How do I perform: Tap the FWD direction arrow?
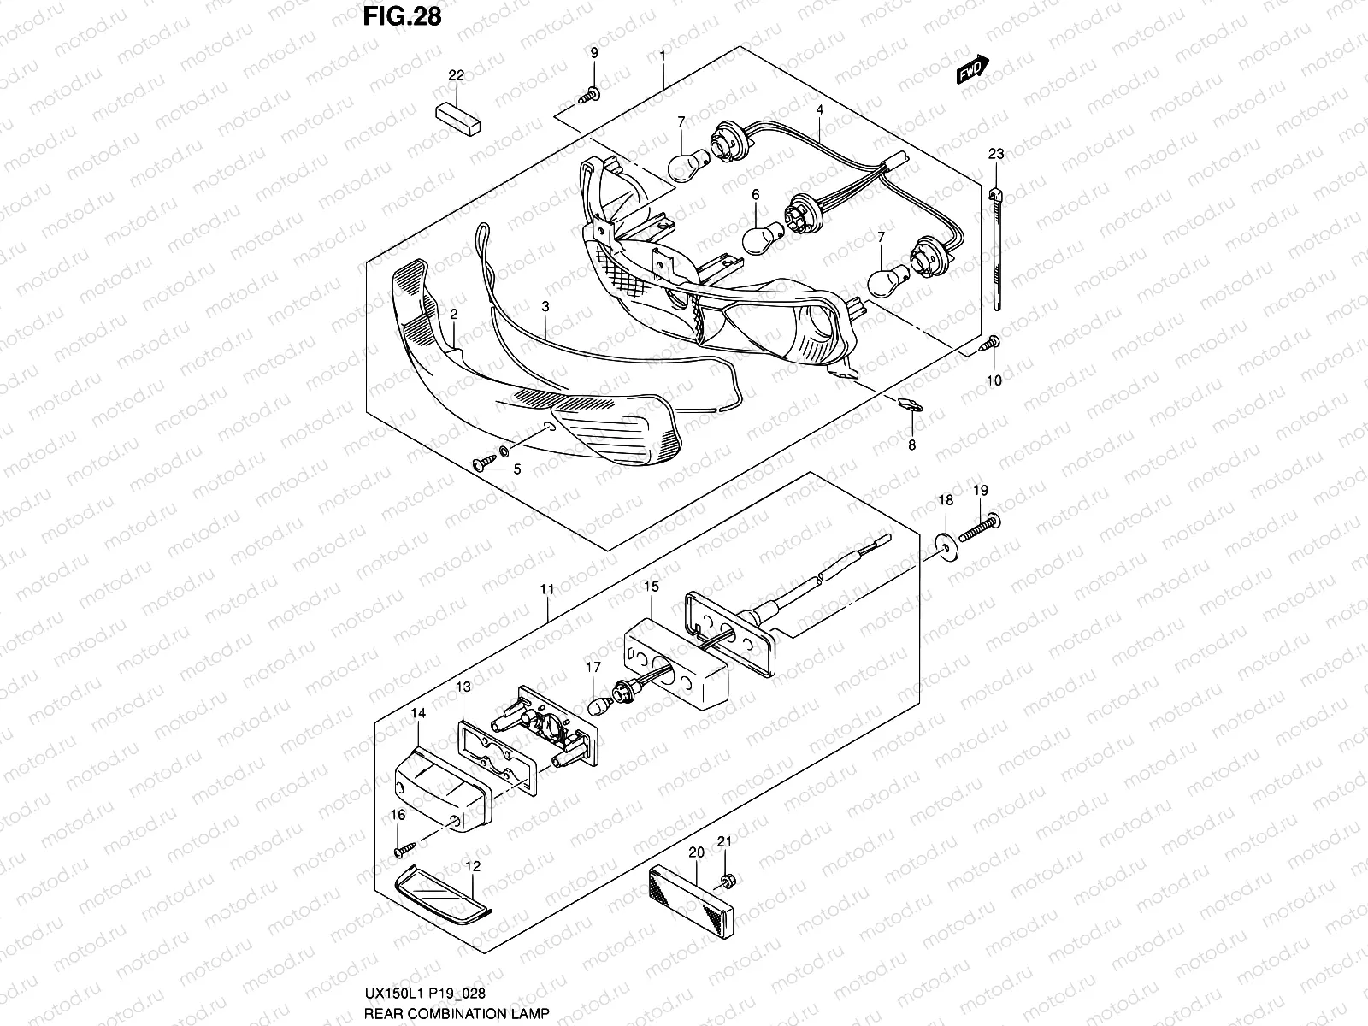972,70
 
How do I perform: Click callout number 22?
456,76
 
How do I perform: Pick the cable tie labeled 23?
998,248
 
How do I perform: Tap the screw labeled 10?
990,345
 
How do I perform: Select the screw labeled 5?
485,463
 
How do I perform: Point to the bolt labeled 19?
980,528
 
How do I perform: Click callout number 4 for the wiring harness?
819,110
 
